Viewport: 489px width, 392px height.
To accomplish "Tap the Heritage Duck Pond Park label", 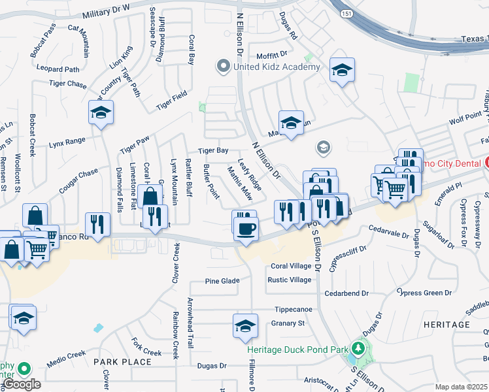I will pos(297,350).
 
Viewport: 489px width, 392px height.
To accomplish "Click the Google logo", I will pos(22,384).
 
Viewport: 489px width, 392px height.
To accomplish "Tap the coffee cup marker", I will pos(246,229).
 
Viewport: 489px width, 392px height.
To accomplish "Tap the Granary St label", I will pos(288,323).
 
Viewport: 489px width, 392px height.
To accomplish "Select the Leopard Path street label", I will pos(58,69).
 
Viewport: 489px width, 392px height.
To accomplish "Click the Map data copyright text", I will pos(462,387).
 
